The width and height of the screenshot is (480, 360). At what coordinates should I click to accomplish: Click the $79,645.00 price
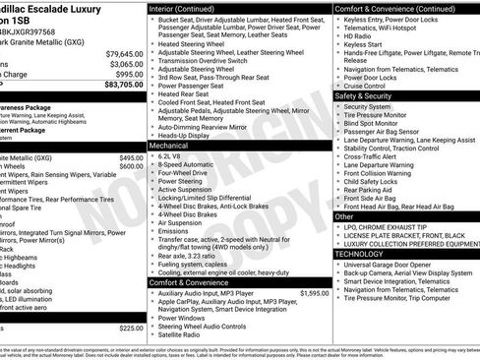click(x=124, y=53)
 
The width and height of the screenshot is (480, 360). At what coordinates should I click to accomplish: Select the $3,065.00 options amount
click(x=126, y=64)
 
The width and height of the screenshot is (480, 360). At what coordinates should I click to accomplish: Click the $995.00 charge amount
click(x=129, y=74)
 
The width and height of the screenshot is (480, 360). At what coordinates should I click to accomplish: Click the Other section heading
click(x=344, y=215)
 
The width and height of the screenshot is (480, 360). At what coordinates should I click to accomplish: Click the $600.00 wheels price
click(x=131, y=166)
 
